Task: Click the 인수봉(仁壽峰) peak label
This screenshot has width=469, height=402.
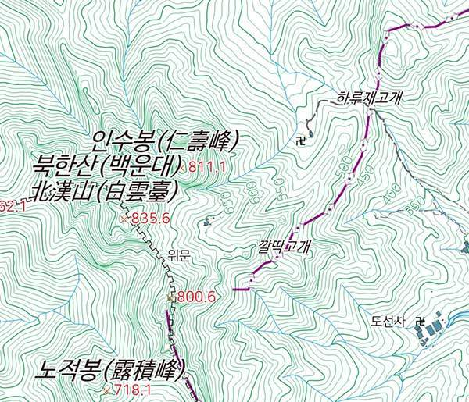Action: pos(164,143)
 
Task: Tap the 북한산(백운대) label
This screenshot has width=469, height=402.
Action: pos(106,165)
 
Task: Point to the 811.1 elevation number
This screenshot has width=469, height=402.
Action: pos(208,167)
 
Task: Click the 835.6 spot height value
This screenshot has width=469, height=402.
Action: pos(151,219)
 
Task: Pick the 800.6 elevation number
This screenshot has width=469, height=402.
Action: pos(196,297)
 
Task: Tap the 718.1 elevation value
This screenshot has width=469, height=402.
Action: pos(132,390)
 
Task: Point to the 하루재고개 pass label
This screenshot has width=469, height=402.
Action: pos(368,98)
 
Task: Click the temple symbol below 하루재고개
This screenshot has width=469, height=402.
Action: pos(300,141)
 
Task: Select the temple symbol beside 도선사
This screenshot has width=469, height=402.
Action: pos(420,320)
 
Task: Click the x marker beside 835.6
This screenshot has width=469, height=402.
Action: pos(124,220)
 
